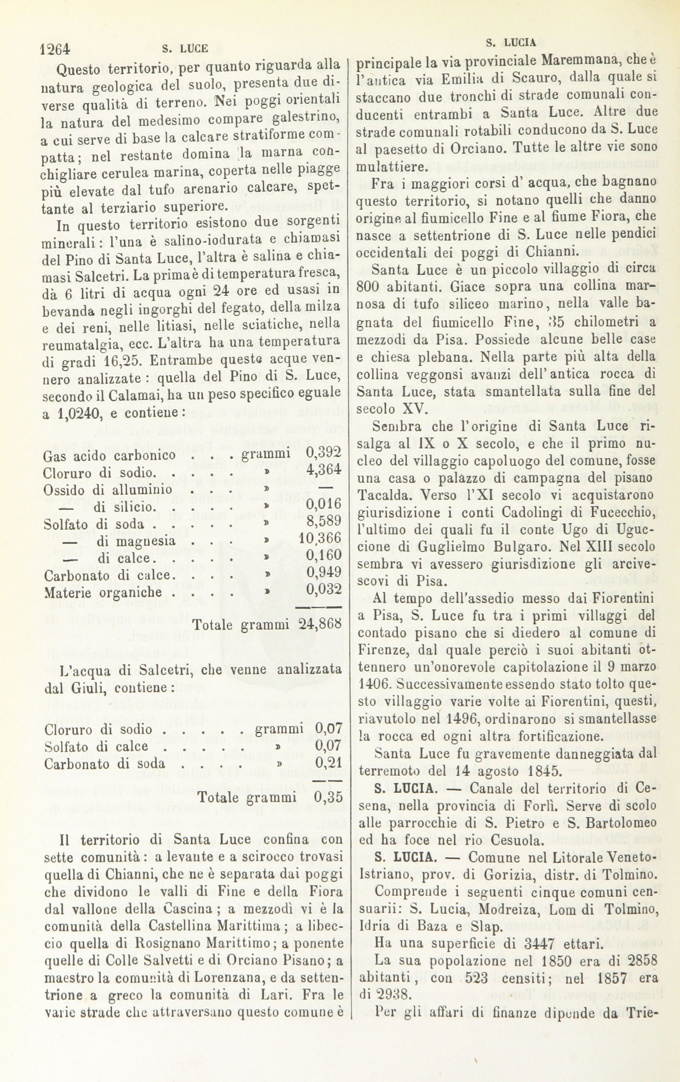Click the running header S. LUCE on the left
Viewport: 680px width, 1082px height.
point(184,49)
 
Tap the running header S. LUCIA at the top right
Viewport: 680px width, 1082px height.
point(511,43)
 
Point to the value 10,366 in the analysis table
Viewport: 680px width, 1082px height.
point(320,538)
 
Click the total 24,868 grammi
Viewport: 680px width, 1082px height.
point(320,625)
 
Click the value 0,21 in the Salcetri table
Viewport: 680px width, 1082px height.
point(329,762)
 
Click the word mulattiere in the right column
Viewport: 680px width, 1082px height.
point(391,167)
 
